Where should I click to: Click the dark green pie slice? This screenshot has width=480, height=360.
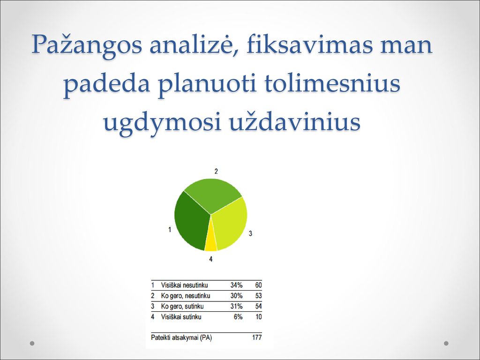click(x=190, y=222)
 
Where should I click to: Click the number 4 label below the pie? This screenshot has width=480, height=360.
click(x=210, y=259)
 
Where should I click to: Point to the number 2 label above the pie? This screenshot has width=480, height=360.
click(x=216, y=172)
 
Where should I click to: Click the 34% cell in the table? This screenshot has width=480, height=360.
click(x=236, y=285)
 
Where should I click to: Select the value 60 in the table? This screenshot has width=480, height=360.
click(x=258, y=285)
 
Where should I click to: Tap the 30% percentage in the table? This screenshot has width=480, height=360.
click(x=236, y=296)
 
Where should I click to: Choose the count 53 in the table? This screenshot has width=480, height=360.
click(x=258, y=296)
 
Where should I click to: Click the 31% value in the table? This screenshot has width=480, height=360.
click(x=236, y=306)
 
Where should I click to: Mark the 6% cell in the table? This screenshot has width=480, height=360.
click(x=238, y=316)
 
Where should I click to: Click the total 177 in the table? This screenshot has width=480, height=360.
click(x=257, y=337)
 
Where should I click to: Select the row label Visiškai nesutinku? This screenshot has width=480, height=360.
click(x=184, y=285)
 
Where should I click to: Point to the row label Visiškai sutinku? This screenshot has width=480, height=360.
click(x=181, y=316)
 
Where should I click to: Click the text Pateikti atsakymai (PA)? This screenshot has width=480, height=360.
click(x=181, y=337)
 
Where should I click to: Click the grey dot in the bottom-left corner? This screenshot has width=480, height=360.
click(x=32, y=343)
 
